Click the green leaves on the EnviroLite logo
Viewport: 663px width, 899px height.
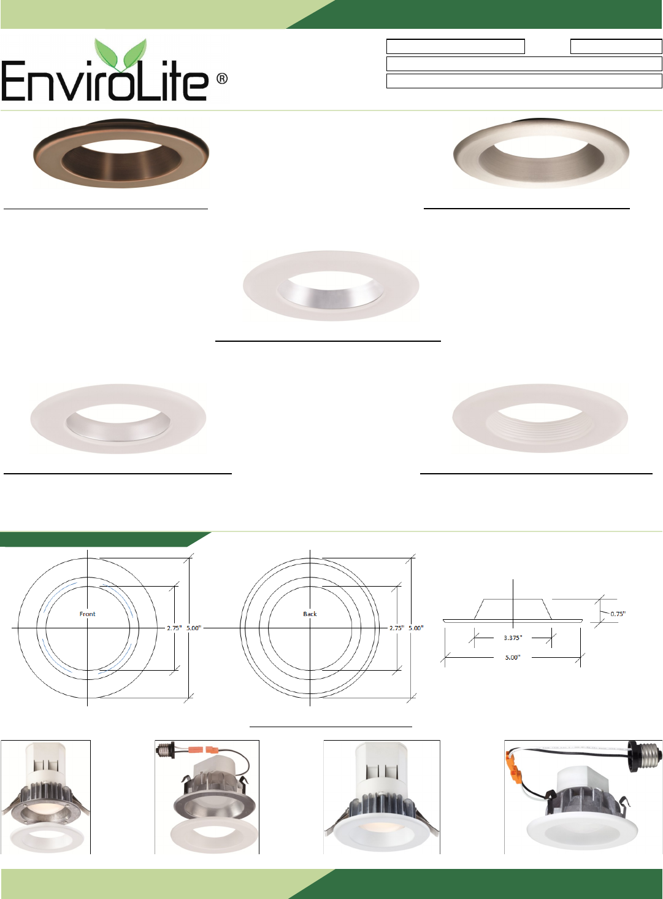coord(120,55)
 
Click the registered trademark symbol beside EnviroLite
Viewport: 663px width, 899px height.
coord(221,79)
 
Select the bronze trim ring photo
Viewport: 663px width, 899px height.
coord(121,153)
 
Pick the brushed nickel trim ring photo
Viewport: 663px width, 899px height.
coord(541,153)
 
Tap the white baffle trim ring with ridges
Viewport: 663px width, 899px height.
coord(540,419)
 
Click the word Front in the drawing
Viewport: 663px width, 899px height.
coord(87,614)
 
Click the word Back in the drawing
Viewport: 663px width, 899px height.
coord(310,614)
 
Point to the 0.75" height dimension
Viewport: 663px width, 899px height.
coord(618,614)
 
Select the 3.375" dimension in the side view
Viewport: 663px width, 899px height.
coord(513,638)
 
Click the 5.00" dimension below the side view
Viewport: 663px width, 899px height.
coord(513,657)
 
